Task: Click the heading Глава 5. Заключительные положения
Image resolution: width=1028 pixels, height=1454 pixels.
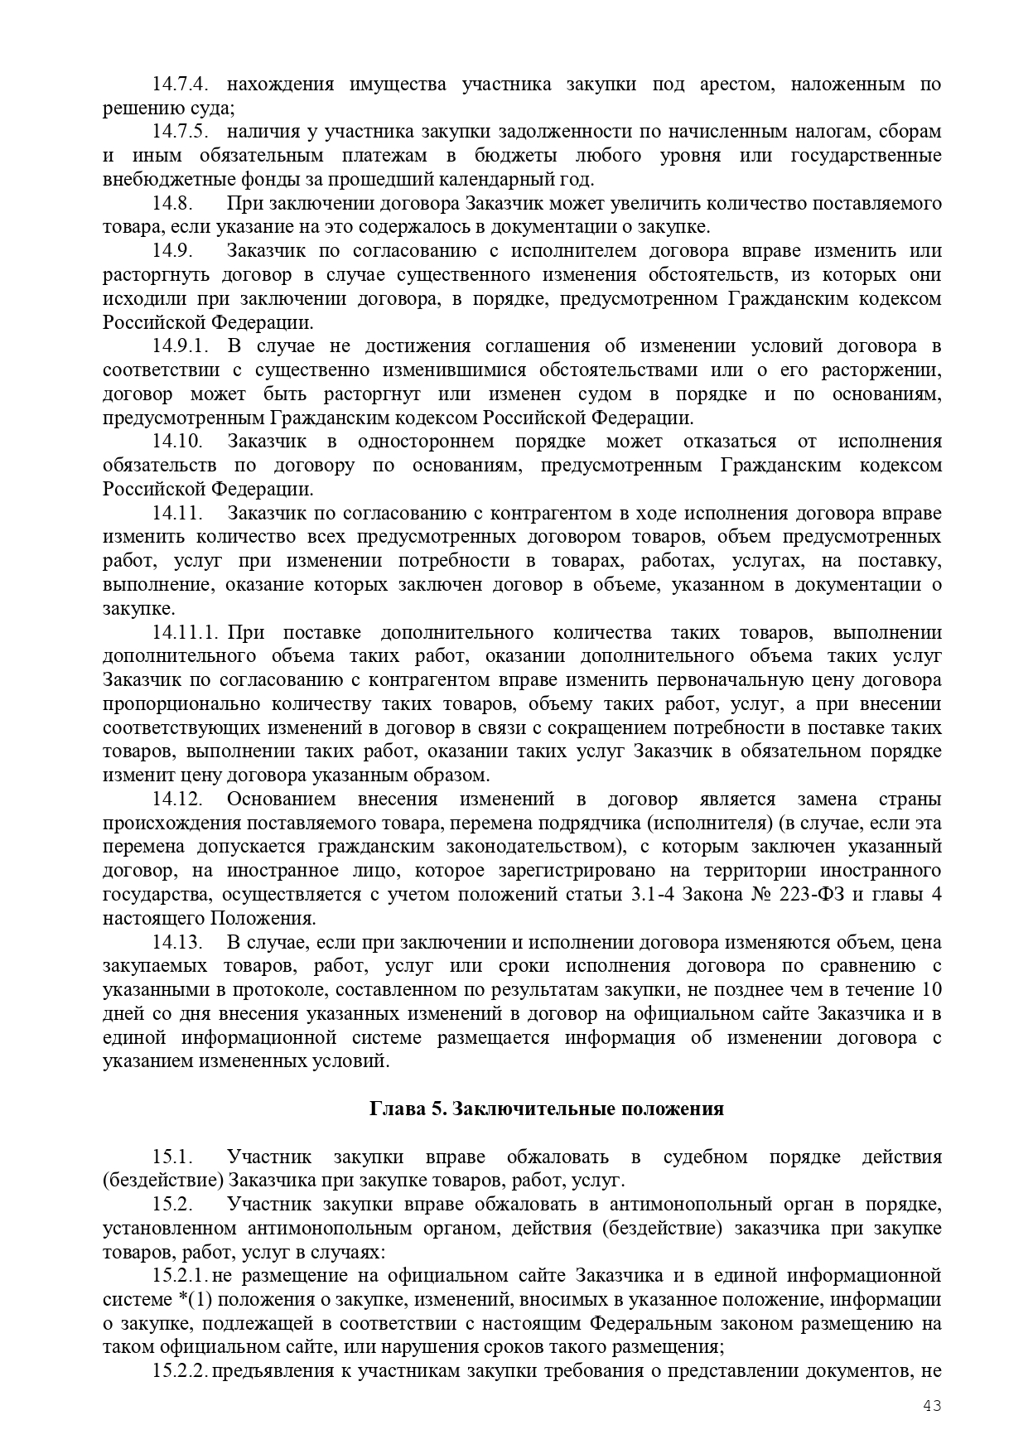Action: pyautogui.click(x=547, y=1109)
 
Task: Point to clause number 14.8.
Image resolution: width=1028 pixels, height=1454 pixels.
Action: pyautogui.click(x=172, y=203)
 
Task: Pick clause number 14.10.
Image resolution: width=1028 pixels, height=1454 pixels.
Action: pyautogui.click(x=177, y=441)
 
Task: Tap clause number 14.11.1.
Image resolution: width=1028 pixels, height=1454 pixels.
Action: pyautogui.click(x=184, y=632)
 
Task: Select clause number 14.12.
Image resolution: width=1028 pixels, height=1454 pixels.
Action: pyautogui.click(x=177, y=799)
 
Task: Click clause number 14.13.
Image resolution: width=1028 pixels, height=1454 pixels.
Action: pyautogui.click(x=177, y=942)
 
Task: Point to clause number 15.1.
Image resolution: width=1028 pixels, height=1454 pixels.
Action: pyautogui.click(x=172, y=1157)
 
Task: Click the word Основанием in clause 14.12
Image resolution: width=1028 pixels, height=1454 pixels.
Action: pyautogui.click(x=282, y=799)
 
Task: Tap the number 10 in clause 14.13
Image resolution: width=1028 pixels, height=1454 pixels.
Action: pyautogui.click(x=931, y=989)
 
